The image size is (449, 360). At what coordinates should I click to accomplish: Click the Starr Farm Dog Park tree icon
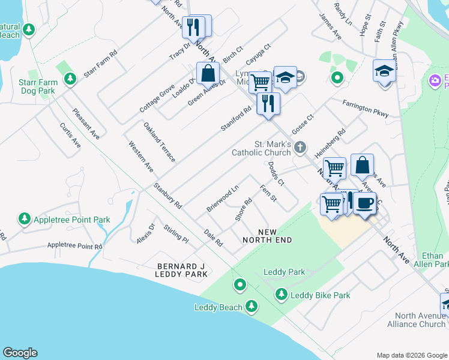click(70, 79)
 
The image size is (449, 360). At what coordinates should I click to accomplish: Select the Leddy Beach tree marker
click(253, 307)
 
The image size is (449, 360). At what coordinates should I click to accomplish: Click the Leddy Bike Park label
click(320, 295)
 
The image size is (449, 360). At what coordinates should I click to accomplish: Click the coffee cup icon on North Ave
click(364, 203)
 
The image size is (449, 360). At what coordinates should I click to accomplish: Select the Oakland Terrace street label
click(160, 142)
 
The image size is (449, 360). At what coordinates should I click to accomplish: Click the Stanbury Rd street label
click(167, 196)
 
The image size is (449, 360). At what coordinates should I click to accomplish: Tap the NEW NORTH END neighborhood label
click(267, 236)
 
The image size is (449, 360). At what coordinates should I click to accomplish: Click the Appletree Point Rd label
click(74, 246)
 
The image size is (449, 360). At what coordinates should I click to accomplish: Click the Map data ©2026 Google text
click(411, 355)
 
